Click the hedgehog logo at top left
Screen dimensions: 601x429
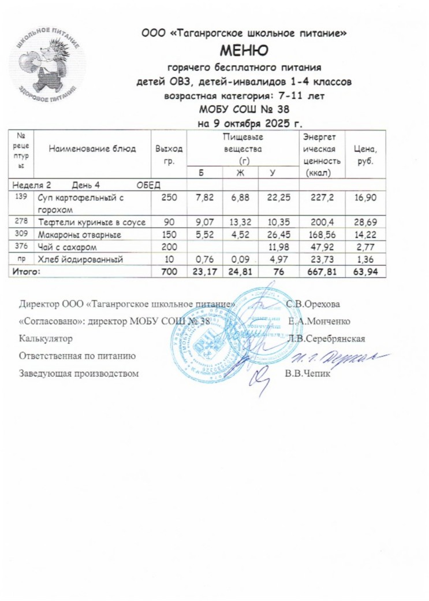coord(47,63)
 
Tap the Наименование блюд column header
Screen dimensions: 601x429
coord(92,149)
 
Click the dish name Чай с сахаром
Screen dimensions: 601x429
coord(70,247)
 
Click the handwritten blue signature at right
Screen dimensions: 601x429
coord(352,357)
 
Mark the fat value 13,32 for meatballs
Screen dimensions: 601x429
coord(240,222)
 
